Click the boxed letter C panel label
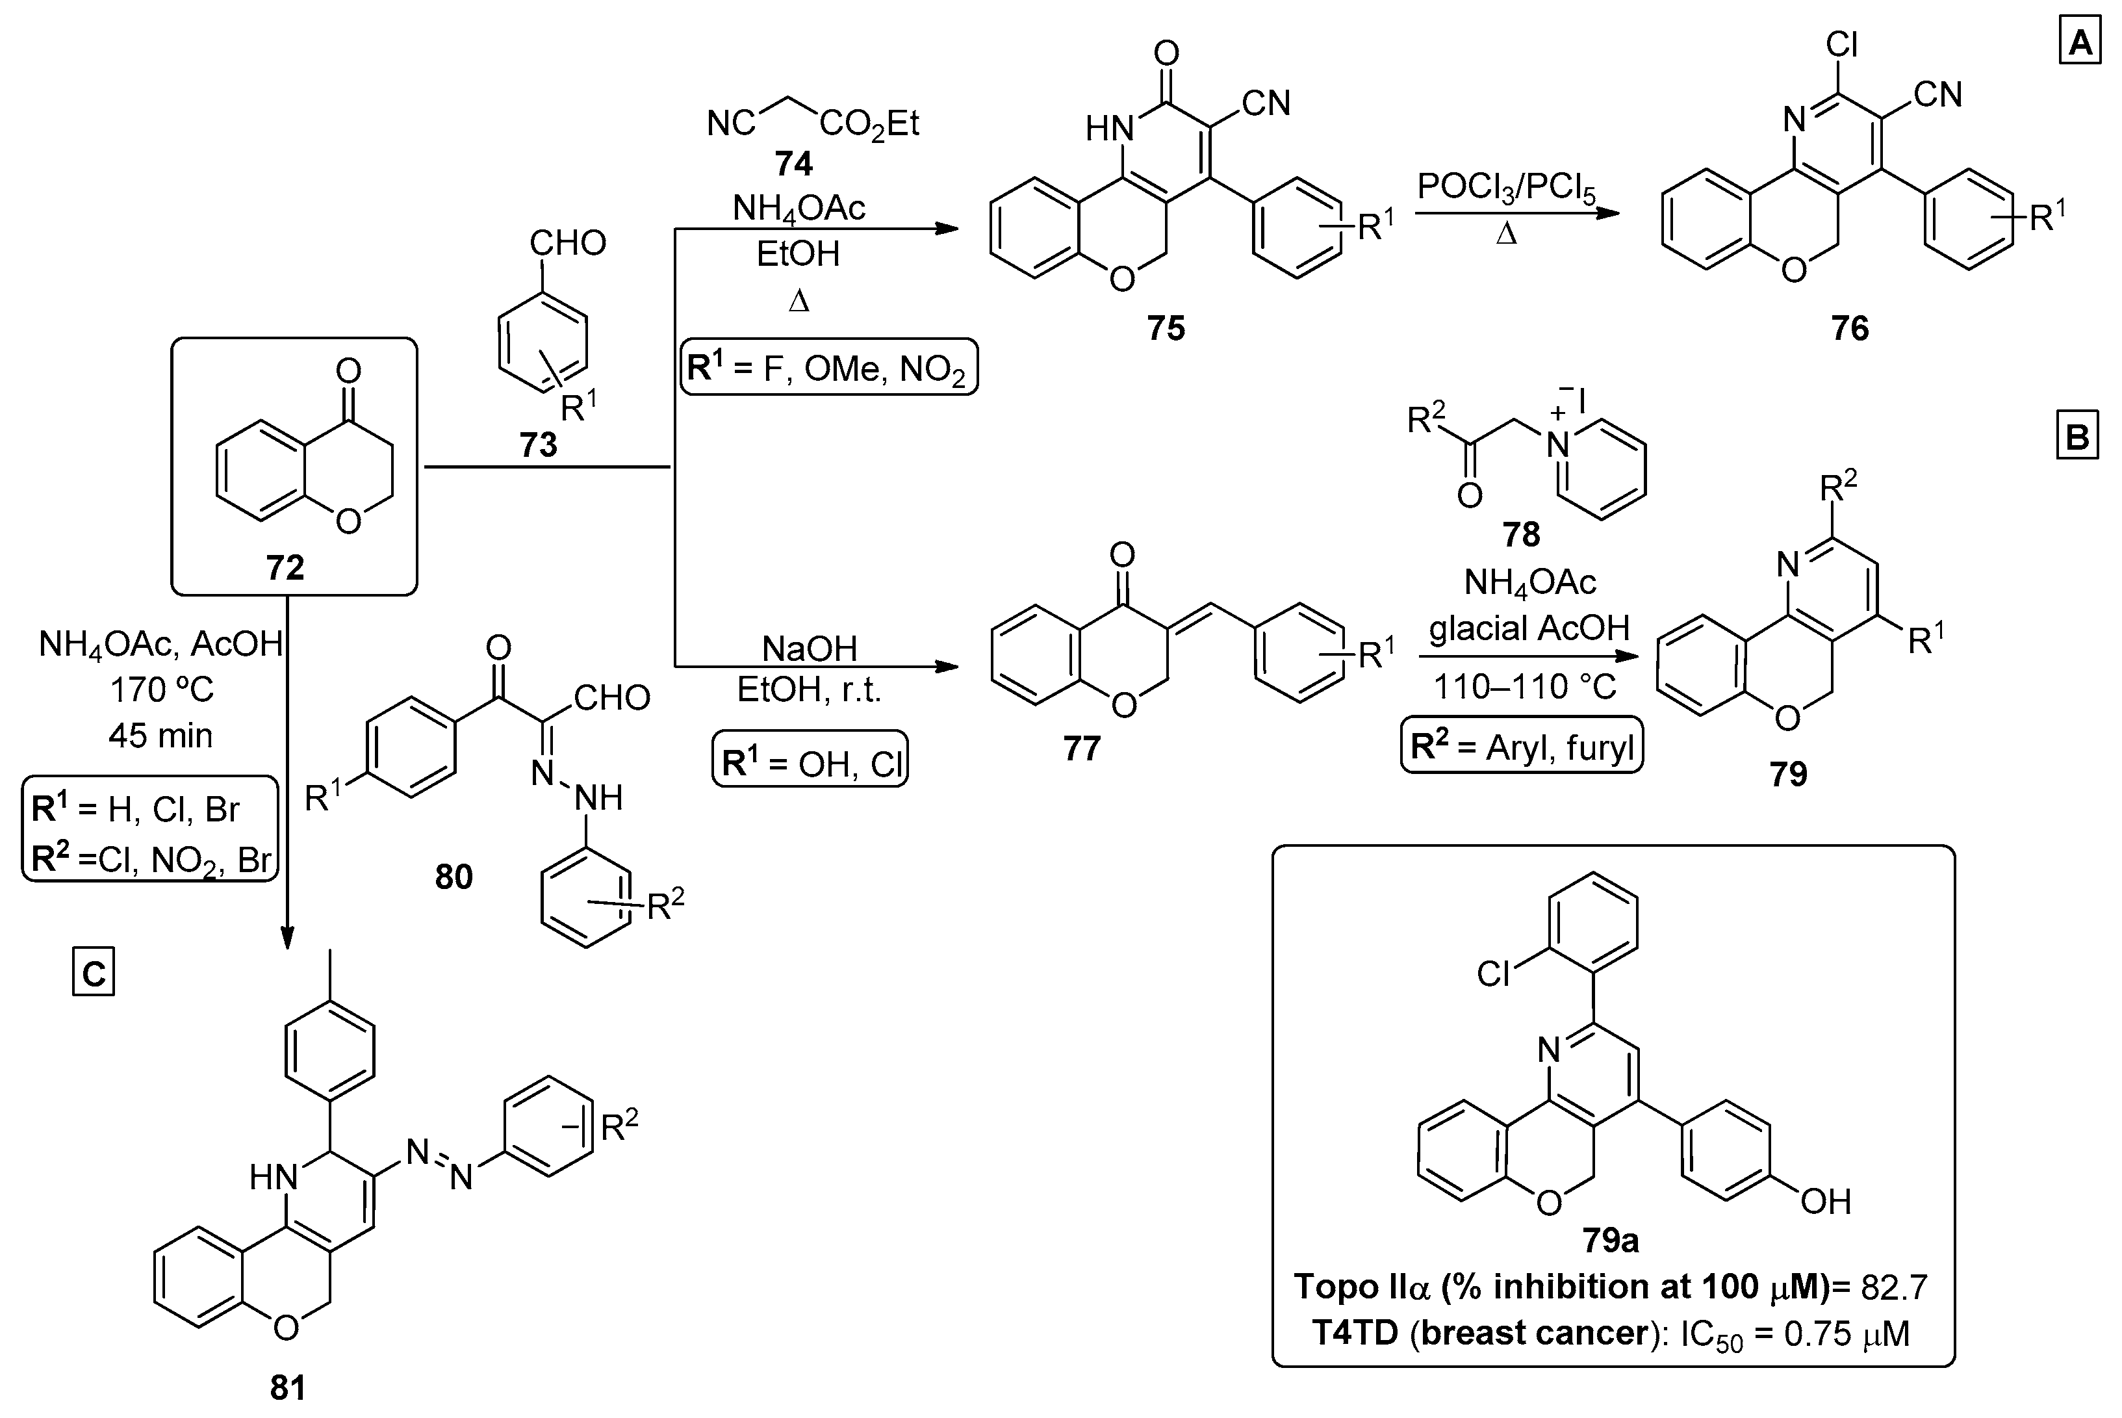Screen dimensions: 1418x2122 pyautogui.click(x=93, y=974)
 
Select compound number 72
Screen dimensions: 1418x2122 pyautogui.click(x=285, y=568)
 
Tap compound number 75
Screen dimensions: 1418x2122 pyautogui.click(x=1166, y=328)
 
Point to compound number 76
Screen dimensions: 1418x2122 pyautogui.click(x=1850, y=328)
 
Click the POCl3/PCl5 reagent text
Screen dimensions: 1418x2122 pyautogui.click(x=1505, y=187)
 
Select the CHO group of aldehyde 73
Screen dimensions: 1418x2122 pyautogui.click(x=567, y=242)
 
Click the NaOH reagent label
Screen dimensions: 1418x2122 pyautogui.click(x=809, y=649)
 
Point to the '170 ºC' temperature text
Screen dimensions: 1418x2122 pyautogui.click(x=161, y=690)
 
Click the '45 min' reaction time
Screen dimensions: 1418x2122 pyautogui.click(x=161, y=735)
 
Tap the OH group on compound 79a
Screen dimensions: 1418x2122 pyautogui.click(x=1826, y=1202)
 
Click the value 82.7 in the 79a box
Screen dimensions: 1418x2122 pyautogui.click(x=1893, y=1286)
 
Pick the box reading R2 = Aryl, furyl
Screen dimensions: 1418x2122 pyautogui.click(x=1522, y=747)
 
